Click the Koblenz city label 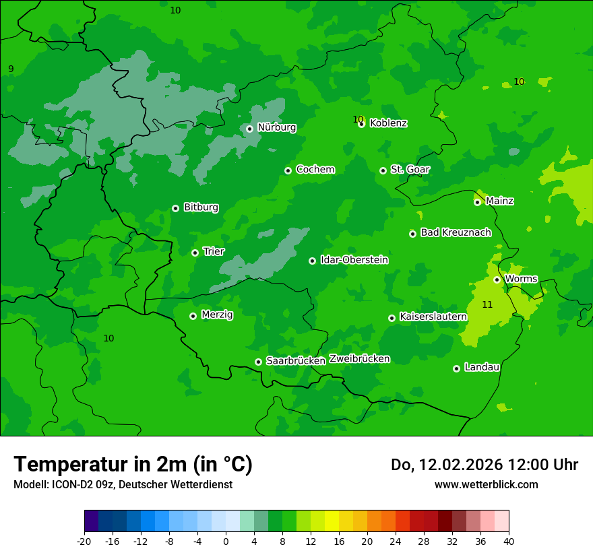click(388, 123)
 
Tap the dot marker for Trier click(195, 253)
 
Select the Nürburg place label click(276, 127)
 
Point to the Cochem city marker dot click(288, 170)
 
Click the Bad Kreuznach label click(456, 232)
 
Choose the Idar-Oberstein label click(354, 260)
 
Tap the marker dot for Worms click(497, 279)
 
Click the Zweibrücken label click(359, 359)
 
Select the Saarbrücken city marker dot click(258, 362)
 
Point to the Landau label click(482, 367)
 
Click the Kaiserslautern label click(433, 317)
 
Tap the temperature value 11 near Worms click(487, 305)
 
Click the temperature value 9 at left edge click(11, 69)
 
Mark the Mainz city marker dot click(477, 202)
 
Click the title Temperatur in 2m click(133, 464)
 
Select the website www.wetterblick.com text click(486, 484)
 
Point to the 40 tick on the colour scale click(509, 541)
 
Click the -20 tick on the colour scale click(84, 541)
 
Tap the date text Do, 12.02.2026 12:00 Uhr click(484, 465)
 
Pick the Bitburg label click(201, 207)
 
